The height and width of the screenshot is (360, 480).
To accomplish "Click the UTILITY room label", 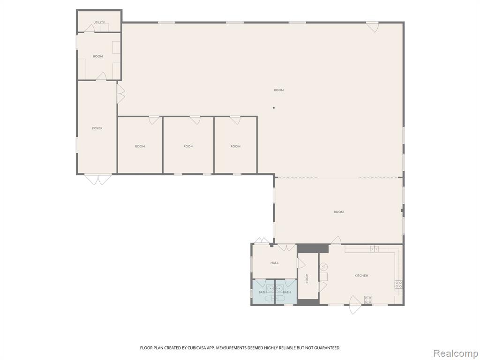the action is tap(99, 22).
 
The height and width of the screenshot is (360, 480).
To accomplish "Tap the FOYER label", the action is tap(97, 128).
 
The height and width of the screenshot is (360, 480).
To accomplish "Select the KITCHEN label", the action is tap(361, 276).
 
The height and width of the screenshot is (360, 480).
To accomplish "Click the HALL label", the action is tap(275, 263).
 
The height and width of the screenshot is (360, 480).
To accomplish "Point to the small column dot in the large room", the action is tap(274, 108).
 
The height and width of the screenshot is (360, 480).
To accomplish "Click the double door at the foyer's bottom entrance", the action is tap(98, 179).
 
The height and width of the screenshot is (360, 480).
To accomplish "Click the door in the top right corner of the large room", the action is tap(372, 27).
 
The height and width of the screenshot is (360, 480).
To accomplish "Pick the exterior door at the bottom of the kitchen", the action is tap(355, 305).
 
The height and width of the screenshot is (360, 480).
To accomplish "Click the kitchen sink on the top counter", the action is tap(375, 249).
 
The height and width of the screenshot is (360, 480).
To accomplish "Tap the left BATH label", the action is tap(262, 292).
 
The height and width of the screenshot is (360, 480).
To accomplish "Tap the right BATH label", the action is tap(287, 292).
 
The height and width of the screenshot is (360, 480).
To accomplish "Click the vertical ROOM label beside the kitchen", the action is tap(307, 278).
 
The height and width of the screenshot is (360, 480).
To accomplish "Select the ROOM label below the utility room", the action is tap(98, 56).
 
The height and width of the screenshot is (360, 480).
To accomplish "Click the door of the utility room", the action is tap(90, 29).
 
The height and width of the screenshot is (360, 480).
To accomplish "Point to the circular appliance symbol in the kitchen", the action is tap(323, 267).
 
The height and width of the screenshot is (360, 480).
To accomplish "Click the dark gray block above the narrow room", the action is tap(313, 248).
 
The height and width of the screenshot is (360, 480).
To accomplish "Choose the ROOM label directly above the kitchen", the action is tap(338, 212).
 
